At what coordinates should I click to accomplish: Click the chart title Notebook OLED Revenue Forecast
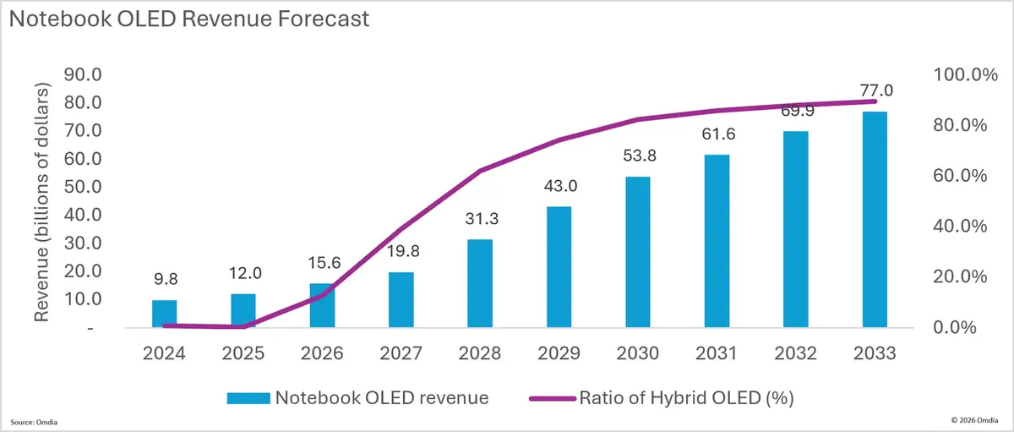pyautogui.click(x=189, y=19)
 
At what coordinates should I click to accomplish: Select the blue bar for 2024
pyautogui.click(x=164, y=314)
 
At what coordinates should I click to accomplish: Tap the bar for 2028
pyautogui.click(x=480, y=283)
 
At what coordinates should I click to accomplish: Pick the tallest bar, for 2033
pyautogui.click(x=875, y=219)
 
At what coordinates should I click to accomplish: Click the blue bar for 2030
pyautogui.click(x=638, y=252)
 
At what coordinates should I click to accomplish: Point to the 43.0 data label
pyautogui.click(x=560, y=186)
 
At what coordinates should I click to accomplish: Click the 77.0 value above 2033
pyautogui.click(x=876, y=90)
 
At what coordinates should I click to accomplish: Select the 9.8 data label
pyautogui.click(x=166, y=279)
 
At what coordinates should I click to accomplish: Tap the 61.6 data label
pyautogui.click(x=718, y=134)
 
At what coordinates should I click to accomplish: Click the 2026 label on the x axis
pyautogui.click(x=322, y=353)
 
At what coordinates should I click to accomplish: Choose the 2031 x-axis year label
pyautogui.click(x=717, y=353)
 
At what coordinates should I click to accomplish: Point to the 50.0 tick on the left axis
pyautogui.click(x=83, y=187)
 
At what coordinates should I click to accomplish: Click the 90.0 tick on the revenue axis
pyautogui.click(x=83, y=74)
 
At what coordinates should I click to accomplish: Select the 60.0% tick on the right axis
pyautogui.click(x=960, y=176)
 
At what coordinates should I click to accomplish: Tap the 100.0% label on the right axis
pyautogui.click(x=966, y=74)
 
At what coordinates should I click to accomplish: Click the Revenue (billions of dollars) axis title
pyautogui.click(x=41, y=202)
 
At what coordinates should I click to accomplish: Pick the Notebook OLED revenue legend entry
pyautogui.click(x=357, y=398)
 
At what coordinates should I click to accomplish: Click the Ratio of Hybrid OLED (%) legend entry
pyautogui.click(x=662, y=398)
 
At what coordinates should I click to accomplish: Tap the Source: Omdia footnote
pyautogui.click(x=34, y=422)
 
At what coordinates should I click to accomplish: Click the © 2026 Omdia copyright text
pyautogui.click(x=974, y=420)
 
